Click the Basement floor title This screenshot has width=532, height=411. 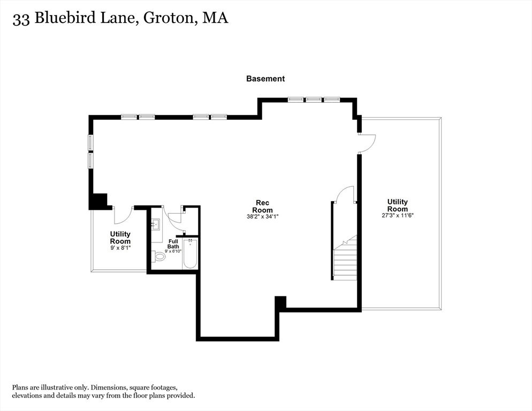pyautogui.click(x=265, y=79)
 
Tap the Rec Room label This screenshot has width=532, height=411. pyautogui.click(x=263, y=207)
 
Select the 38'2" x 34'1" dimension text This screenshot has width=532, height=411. pyautogui.click(x=263, y=216)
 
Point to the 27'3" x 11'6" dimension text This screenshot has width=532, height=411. pyautogui.click(x=398, y=215)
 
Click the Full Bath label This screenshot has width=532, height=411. pyautogui.click(x=173, y=244)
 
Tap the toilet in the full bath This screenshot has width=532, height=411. pyautogui.click(x=158, y=256)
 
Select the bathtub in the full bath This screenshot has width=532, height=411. pyautogui.click(x=190, y=254)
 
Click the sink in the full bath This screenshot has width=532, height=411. pyautogui.click(x=156, y=224)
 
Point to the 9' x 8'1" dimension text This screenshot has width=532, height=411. pyautogui.click(x=120, y=248)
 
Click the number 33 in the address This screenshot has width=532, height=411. pyautogui.click(x=21, y=19)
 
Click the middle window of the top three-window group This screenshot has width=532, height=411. pyautogui.click(x=314, y=100)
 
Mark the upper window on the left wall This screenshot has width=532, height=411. pyautogui.click(x=90, y=142)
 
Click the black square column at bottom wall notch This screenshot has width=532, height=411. pyautogui.click(x=280, y=302)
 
